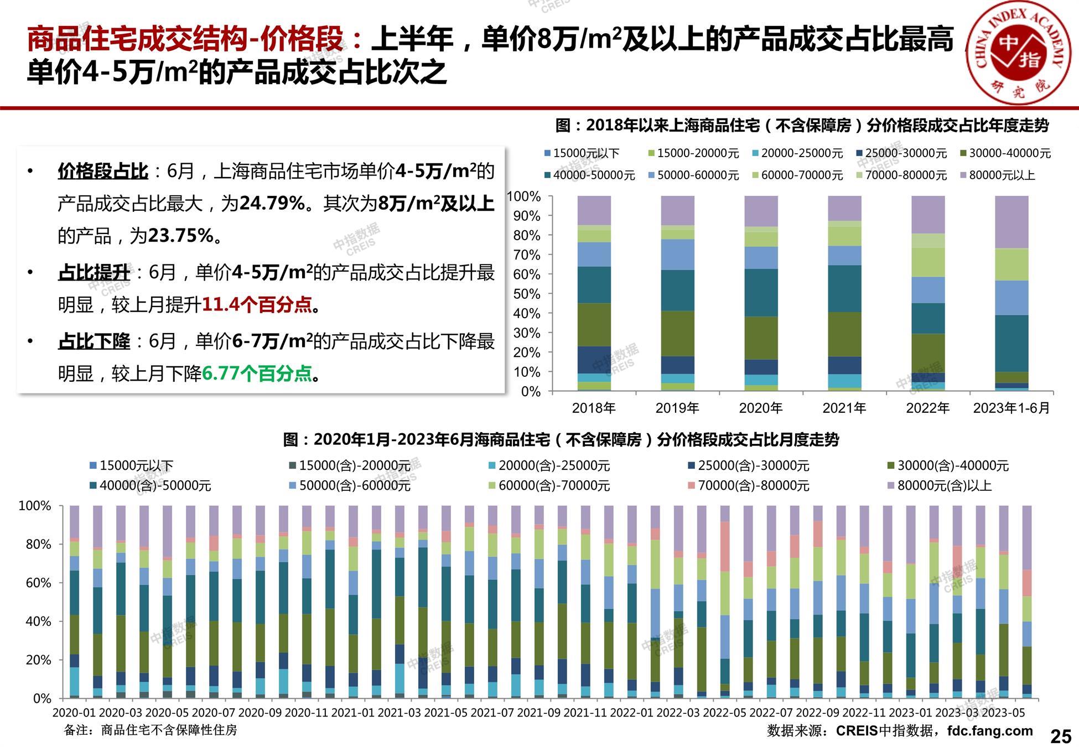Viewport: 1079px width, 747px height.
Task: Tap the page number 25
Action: (1060, 736)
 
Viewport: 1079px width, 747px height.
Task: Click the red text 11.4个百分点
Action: (257, 305)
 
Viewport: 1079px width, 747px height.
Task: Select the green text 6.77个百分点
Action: (257, 373)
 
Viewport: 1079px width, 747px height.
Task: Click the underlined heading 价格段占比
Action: (103, 171)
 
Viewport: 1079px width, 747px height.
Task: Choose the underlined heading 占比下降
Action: (94, 341)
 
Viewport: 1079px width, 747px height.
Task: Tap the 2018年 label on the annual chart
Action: (594, 408)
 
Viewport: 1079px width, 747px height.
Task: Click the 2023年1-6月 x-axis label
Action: (1011, 408)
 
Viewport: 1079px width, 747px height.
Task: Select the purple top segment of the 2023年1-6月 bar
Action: (1011, 222)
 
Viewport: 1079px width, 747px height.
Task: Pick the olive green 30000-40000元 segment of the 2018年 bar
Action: (594, 324)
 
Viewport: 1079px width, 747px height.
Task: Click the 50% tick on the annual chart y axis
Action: (527, 294)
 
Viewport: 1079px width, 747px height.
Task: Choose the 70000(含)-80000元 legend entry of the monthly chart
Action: (753, 486)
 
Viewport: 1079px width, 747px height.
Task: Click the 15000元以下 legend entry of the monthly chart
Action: (136, 466)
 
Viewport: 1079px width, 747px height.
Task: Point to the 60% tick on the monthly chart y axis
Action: (38, 583)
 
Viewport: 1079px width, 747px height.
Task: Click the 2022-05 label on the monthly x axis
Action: (725, 713)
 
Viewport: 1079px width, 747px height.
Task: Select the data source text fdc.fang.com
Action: (990, 730)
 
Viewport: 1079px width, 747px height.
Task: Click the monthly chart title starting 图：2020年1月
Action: (561, 440)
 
